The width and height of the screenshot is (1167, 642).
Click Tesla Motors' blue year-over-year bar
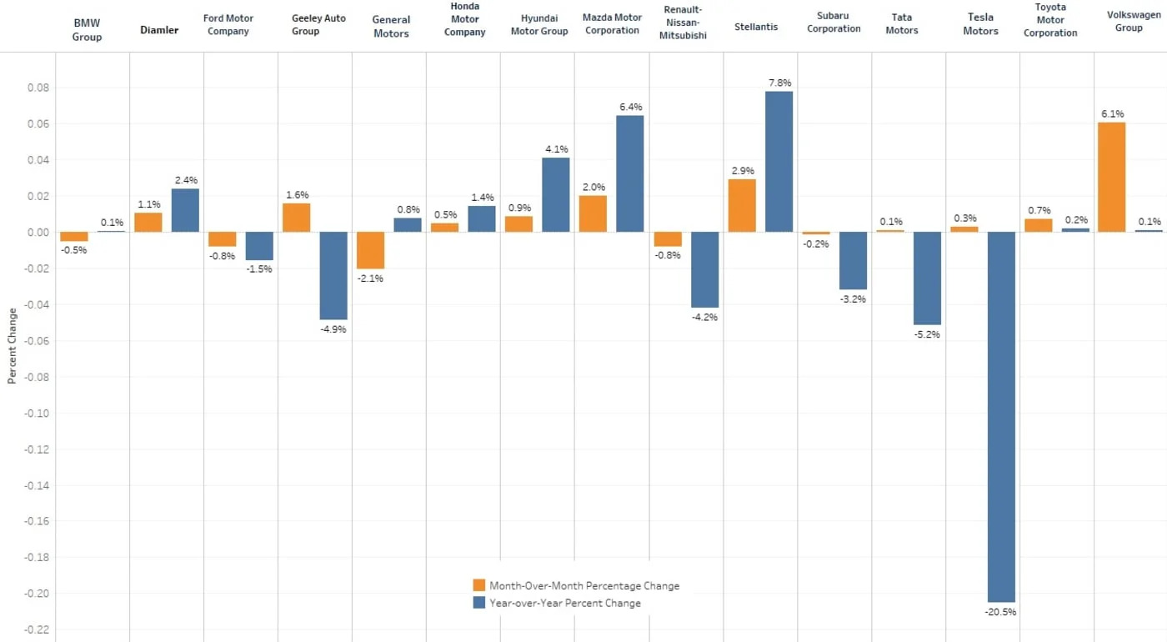click(x=1001, y=417)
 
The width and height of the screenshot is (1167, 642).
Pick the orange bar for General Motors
click(x=370, y=250)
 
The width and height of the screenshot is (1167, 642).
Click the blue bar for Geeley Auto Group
click(x=333, y=275)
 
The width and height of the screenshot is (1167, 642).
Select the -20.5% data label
click(x=1001, y=612)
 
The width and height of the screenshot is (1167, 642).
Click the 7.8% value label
click(x=779, y=83)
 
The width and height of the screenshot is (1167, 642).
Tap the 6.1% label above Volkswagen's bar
click(x=1111, y=113)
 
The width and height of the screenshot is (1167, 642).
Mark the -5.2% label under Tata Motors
click(x=927, y=334)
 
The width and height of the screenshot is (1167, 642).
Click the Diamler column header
click(x=158, y=30)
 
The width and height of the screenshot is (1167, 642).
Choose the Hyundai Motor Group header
click(x=538, y=24)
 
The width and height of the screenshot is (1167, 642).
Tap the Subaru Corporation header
click(x=833, y=23)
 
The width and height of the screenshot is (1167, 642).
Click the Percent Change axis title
click(x=12, y=346)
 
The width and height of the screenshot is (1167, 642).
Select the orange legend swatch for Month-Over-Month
click(x=478, y=585)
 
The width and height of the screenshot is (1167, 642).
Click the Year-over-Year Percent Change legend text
click(x=564, y=603)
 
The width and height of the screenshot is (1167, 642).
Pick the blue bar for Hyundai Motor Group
click(x=556, y=194)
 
